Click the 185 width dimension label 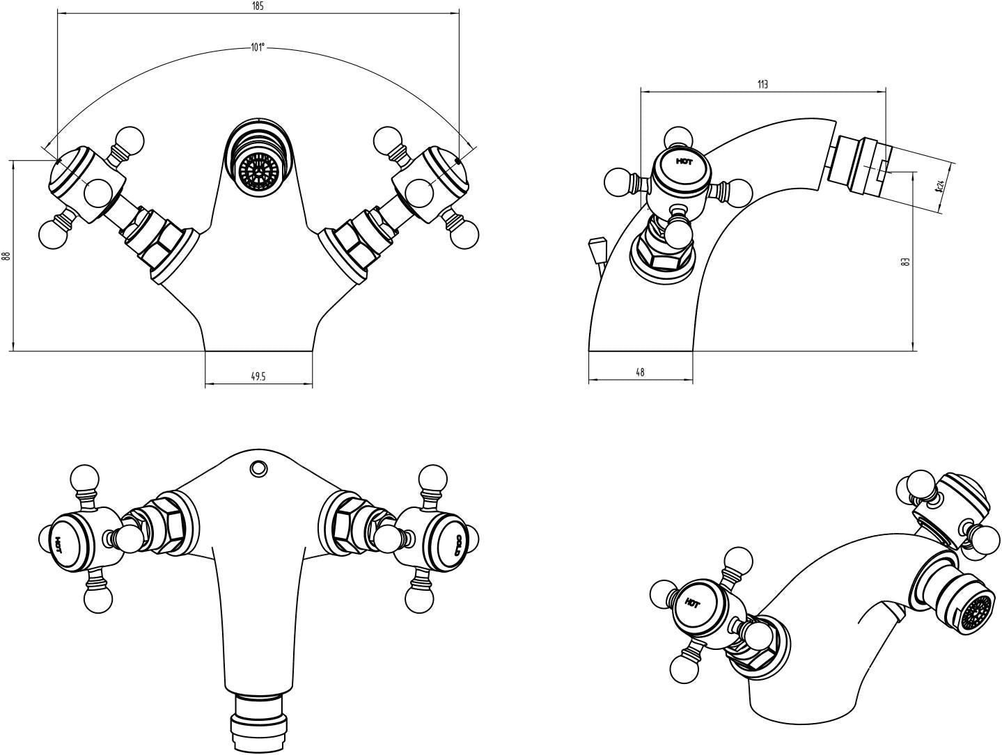(x=258, y=6)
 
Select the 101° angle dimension (x=258, y=48)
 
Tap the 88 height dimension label (x=7, y=256)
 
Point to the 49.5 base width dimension (x=258, y=376)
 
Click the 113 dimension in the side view (x=762, y=84)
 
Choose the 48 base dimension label (x=640, y=372)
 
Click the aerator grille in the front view (x=258, y=170)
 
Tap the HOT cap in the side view (x=684, y=161)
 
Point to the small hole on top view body (x=258, y=468)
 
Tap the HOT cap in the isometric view (x=692, y=603)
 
